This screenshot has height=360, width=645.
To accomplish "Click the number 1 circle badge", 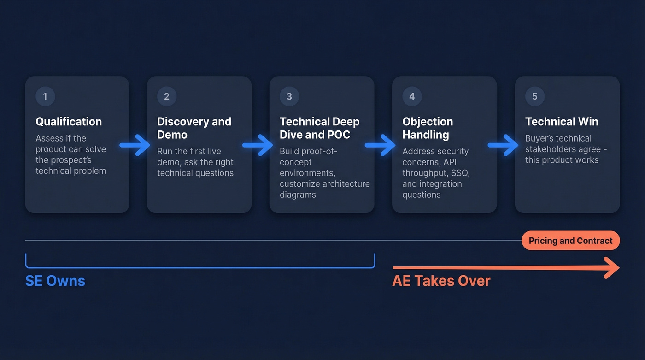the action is point(45,96).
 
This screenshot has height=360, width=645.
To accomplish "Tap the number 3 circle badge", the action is point(289,96).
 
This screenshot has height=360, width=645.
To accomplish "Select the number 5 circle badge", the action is point(535,96).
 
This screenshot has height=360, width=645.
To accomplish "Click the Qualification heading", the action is point(69,122).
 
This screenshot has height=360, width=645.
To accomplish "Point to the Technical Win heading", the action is point(562,122).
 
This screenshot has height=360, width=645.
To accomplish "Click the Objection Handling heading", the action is point(428,128).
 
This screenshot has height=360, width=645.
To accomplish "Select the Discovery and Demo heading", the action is point(194,128).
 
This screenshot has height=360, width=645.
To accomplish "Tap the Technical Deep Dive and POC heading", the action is point(320,128).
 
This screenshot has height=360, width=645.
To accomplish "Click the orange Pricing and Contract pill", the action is point(571,241).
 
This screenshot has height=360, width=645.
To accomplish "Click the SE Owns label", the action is point(55,281).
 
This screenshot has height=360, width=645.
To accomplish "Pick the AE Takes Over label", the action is point(441,281).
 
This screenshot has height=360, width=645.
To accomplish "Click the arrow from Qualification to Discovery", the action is point(135,145).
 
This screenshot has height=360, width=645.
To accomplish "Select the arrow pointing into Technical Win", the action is point(503,145).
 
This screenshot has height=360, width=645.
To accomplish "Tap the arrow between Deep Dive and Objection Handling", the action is point(380,145).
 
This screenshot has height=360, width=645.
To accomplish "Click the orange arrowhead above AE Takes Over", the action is point(612,268).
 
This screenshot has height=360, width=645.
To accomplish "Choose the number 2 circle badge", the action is point(167,96).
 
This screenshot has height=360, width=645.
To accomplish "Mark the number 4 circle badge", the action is point(412,96).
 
